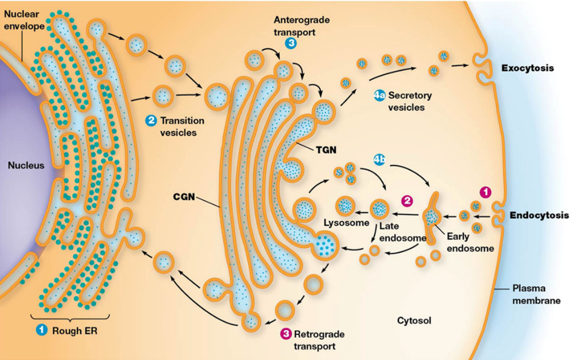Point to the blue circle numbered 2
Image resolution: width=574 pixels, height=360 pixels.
[151, 121]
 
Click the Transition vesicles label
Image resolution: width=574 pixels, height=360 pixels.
[179, 126]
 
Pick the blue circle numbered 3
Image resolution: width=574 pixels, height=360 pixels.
[292, 43]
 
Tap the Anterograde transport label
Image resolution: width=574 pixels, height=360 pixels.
[293, 26]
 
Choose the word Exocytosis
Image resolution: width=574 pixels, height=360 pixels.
[528, 68]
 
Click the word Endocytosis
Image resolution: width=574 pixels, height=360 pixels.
[539, 216]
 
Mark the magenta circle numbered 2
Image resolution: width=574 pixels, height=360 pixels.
[406, 201]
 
